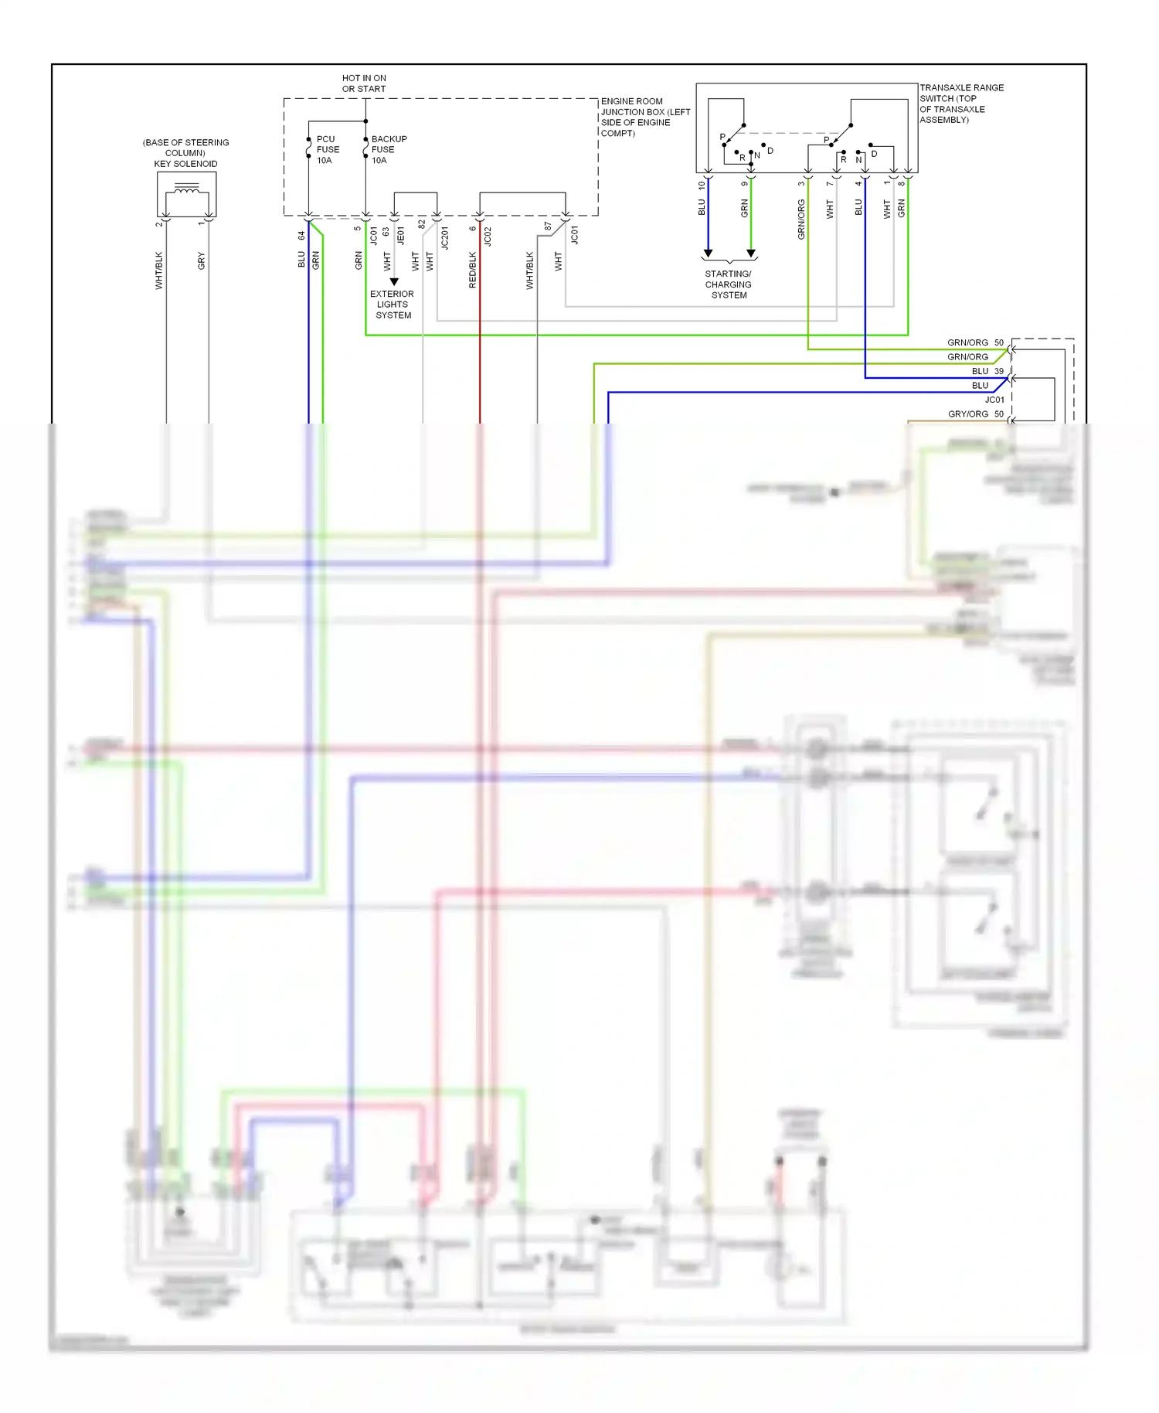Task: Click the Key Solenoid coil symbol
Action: click(x=187, y=189)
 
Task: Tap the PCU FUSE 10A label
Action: click(x=328, y=150)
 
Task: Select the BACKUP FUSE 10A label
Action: click(x=388, y=150)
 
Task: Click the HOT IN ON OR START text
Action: click(x=364, y=83)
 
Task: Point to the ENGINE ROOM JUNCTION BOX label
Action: click(x=644, y=117)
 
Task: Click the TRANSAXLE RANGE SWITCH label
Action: click(x=960, y=104)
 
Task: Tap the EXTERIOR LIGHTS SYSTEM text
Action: click(x=393, y=305)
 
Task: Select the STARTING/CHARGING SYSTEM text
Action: click(x=728, y=284)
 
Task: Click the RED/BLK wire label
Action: click(x=473, y=270)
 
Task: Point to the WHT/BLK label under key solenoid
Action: click(x=159, y=270)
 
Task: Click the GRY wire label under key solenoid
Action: click(x=202, y=260)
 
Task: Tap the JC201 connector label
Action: click(x=444, y=237)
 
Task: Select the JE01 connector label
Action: click(x=400, y=236)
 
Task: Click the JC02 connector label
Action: click(x=488, y=236)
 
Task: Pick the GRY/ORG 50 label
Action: click(x=975, y=414)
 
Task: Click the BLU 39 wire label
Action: click(x=987, y=371)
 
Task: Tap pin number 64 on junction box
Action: click(x=301, y=235)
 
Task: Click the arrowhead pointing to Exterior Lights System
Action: click(x=394, y=281)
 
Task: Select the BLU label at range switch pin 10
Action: click(x=702, y=207)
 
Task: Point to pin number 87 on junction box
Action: click(x=547, y=226)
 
